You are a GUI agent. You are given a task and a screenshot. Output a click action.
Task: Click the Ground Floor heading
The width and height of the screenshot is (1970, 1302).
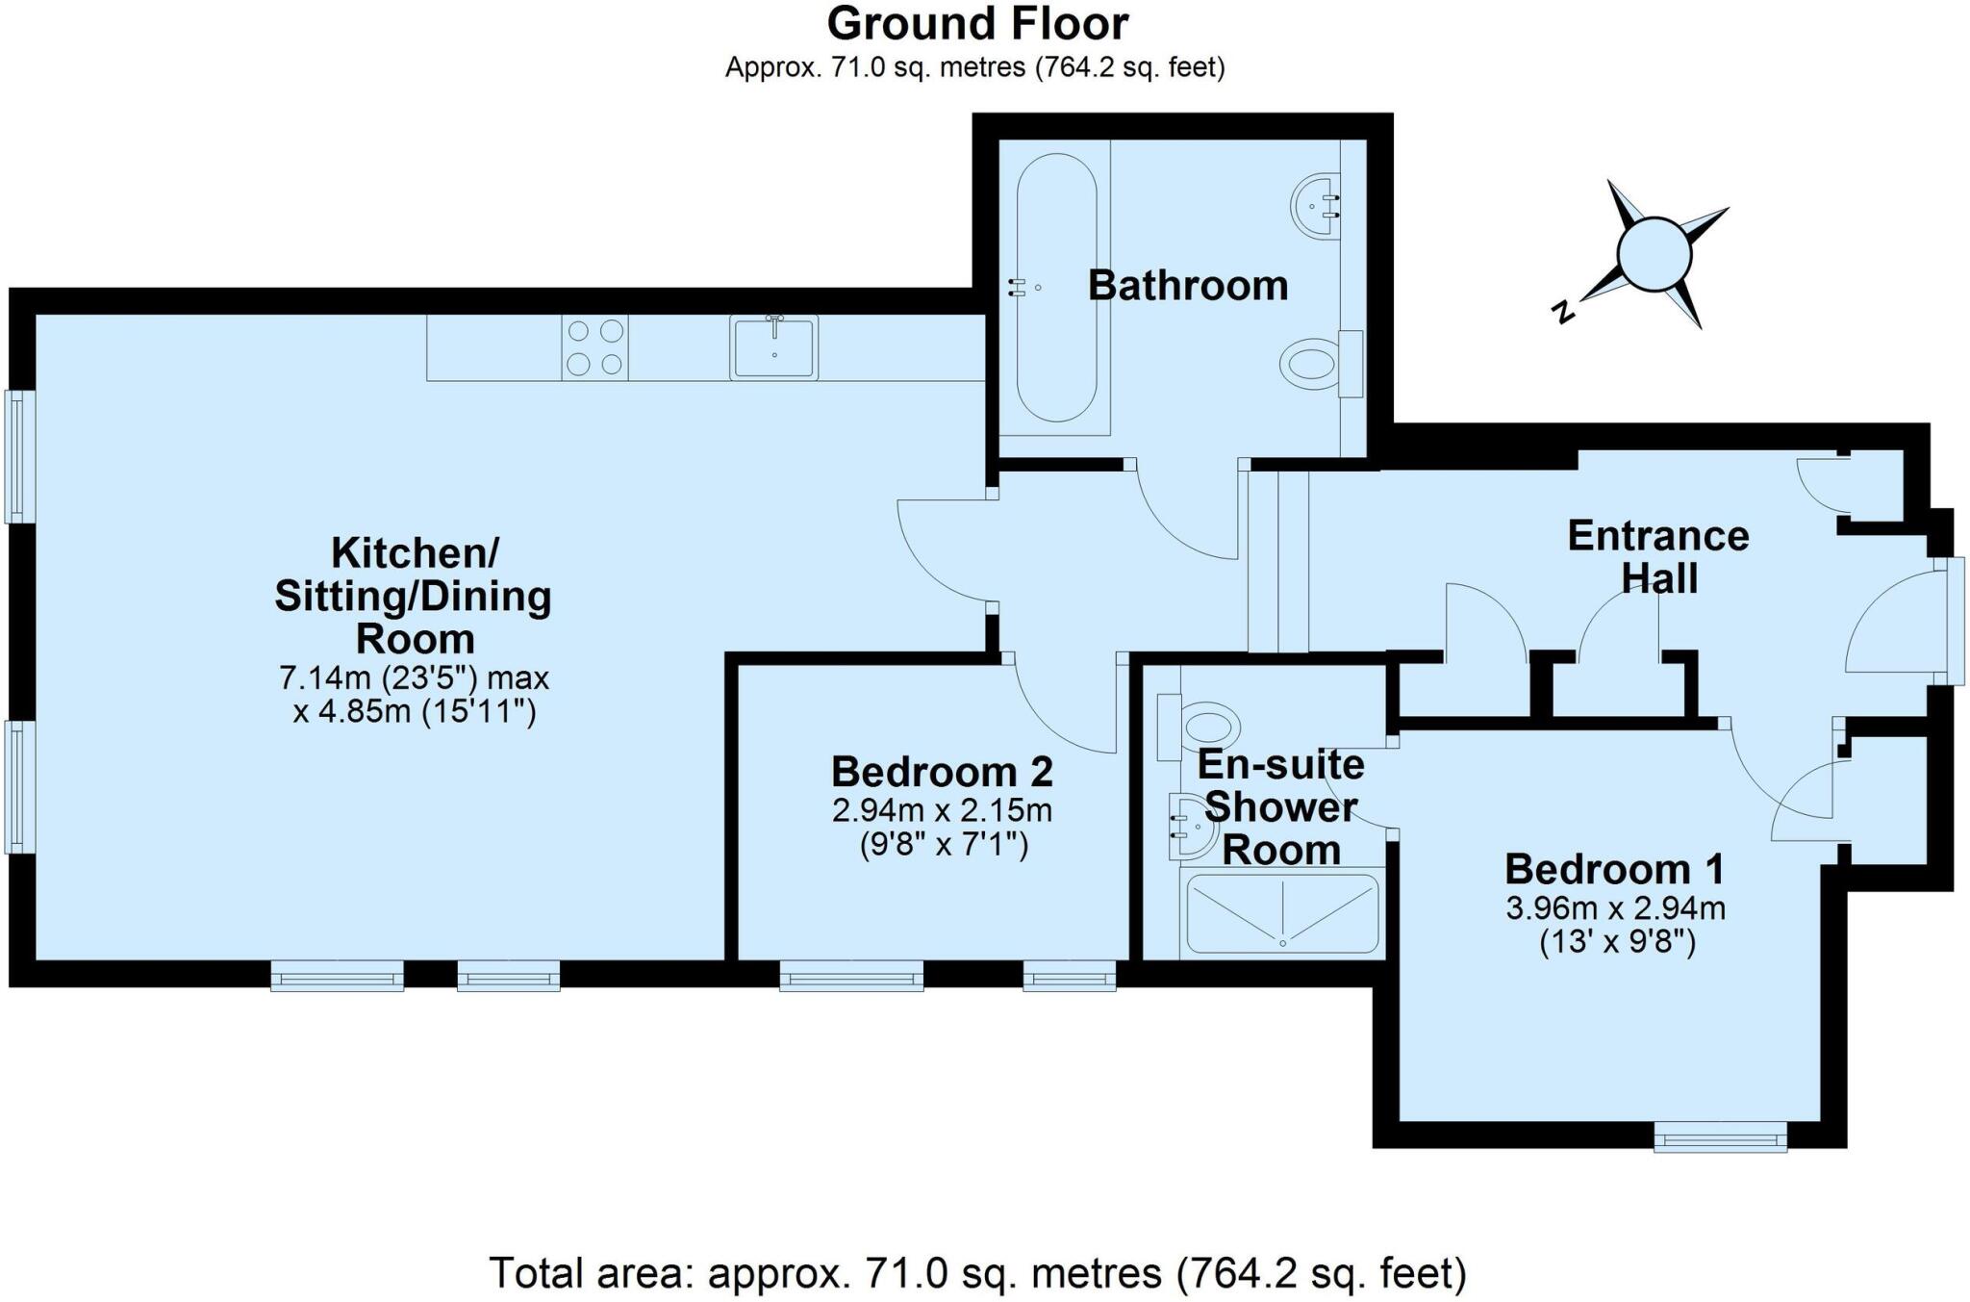coord(976,24)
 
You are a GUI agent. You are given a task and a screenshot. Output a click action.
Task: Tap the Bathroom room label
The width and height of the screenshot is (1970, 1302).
coord(1187,286)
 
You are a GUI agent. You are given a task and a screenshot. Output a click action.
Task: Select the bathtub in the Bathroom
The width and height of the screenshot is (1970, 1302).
coord(1055,287)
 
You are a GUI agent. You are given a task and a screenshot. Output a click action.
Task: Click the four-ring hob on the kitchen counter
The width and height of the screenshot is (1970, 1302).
coord(594,347)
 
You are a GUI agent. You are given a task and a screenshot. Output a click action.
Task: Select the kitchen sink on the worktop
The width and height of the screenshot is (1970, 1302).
coord(773,347)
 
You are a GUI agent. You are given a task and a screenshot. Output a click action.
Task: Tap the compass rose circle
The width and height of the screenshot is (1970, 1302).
coord(1654,254)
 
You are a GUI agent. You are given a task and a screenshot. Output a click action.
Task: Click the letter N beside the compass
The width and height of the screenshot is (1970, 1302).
coord(1564,311)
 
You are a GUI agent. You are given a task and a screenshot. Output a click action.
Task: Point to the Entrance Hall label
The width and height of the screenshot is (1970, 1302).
coord(1657,557)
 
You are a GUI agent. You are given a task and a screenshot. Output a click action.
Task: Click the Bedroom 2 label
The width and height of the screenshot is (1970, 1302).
coord(942,772)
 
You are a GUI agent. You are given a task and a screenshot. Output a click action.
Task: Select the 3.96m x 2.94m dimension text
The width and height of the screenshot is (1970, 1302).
coord(1615,907)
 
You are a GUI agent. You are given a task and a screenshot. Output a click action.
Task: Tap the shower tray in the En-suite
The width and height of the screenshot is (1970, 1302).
coord(1282,912)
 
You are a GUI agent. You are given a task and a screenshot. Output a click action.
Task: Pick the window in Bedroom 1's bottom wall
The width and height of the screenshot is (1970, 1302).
coord(1720,1139)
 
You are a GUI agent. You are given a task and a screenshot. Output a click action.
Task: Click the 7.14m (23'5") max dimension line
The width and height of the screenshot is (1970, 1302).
coord(414,678)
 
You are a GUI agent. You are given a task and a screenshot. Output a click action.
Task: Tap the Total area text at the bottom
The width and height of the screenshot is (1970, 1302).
coord(976,1273)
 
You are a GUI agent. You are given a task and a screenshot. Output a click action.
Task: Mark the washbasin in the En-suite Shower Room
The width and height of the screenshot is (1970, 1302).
coord(1189,826)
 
